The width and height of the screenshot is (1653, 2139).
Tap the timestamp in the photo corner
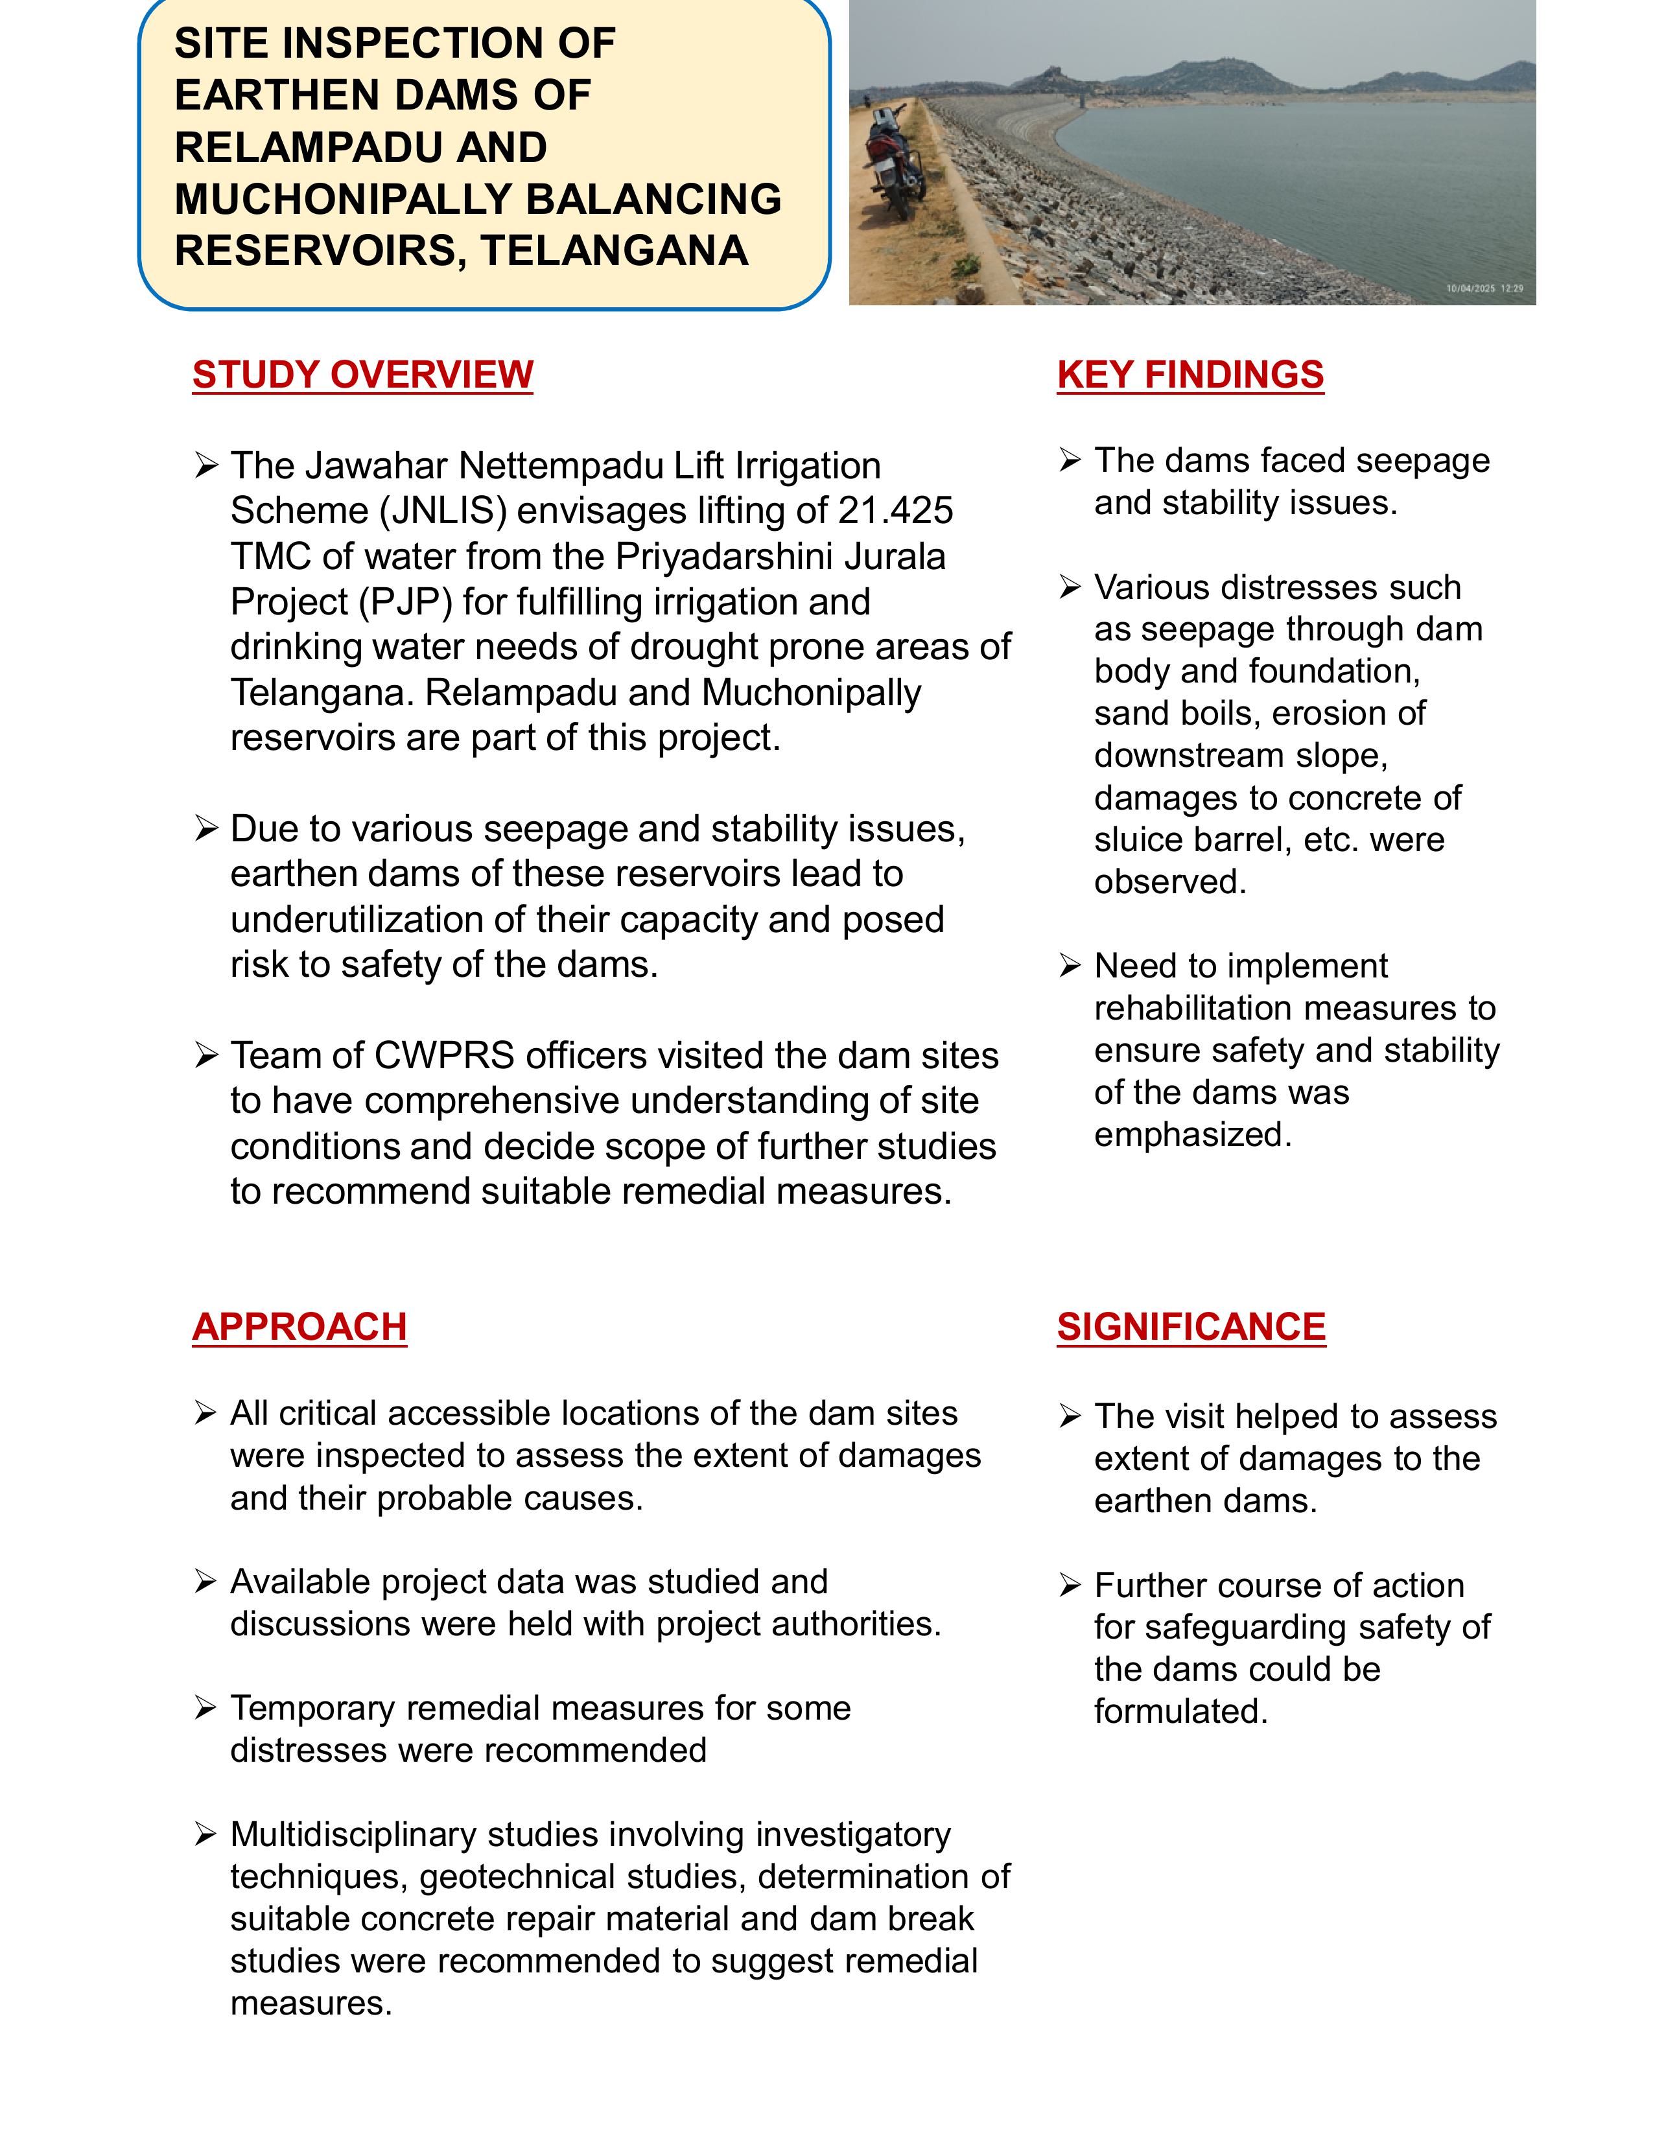[x=1484, y=288]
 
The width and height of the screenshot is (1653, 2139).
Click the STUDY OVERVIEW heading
[x=362, y=374]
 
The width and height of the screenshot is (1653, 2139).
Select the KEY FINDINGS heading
[x=1190, y=374]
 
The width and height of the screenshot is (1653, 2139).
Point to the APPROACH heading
[x=299, y=1326]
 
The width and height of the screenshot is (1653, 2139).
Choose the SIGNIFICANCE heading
[x=1191, y=1326]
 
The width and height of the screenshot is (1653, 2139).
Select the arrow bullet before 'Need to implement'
[x=1070, y=966]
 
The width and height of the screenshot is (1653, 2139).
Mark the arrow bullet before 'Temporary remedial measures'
[x=205, y=1708]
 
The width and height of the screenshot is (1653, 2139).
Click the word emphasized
[x=1193, y=1134]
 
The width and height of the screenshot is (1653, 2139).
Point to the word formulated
[x=1180, y=1711]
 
